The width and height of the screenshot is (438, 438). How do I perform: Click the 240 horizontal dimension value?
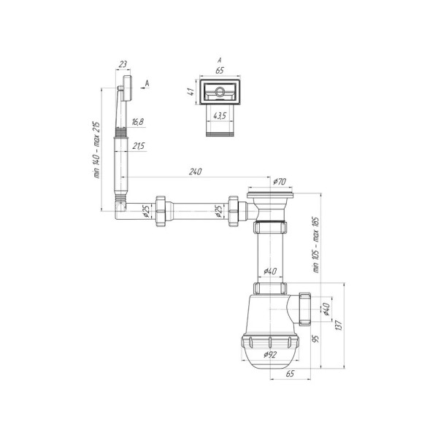[195, 172]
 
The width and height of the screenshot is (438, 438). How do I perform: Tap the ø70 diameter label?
[280, 182]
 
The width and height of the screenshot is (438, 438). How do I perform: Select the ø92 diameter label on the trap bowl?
[270, 355]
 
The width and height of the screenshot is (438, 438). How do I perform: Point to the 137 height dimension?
[339, 326]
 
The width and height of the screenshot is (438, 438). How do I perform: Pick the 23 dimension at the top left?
[123, 64]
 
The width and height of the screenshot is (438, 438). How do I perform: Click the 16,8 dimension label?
[138, 122]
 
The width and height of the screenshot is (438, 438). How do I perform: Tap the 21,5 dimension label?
[139, 146]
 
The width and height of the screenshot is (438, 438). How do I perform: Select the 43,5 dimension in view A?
[220, 115]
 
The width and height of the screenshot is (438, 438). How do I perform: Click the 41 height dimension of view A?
[191, 92]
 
